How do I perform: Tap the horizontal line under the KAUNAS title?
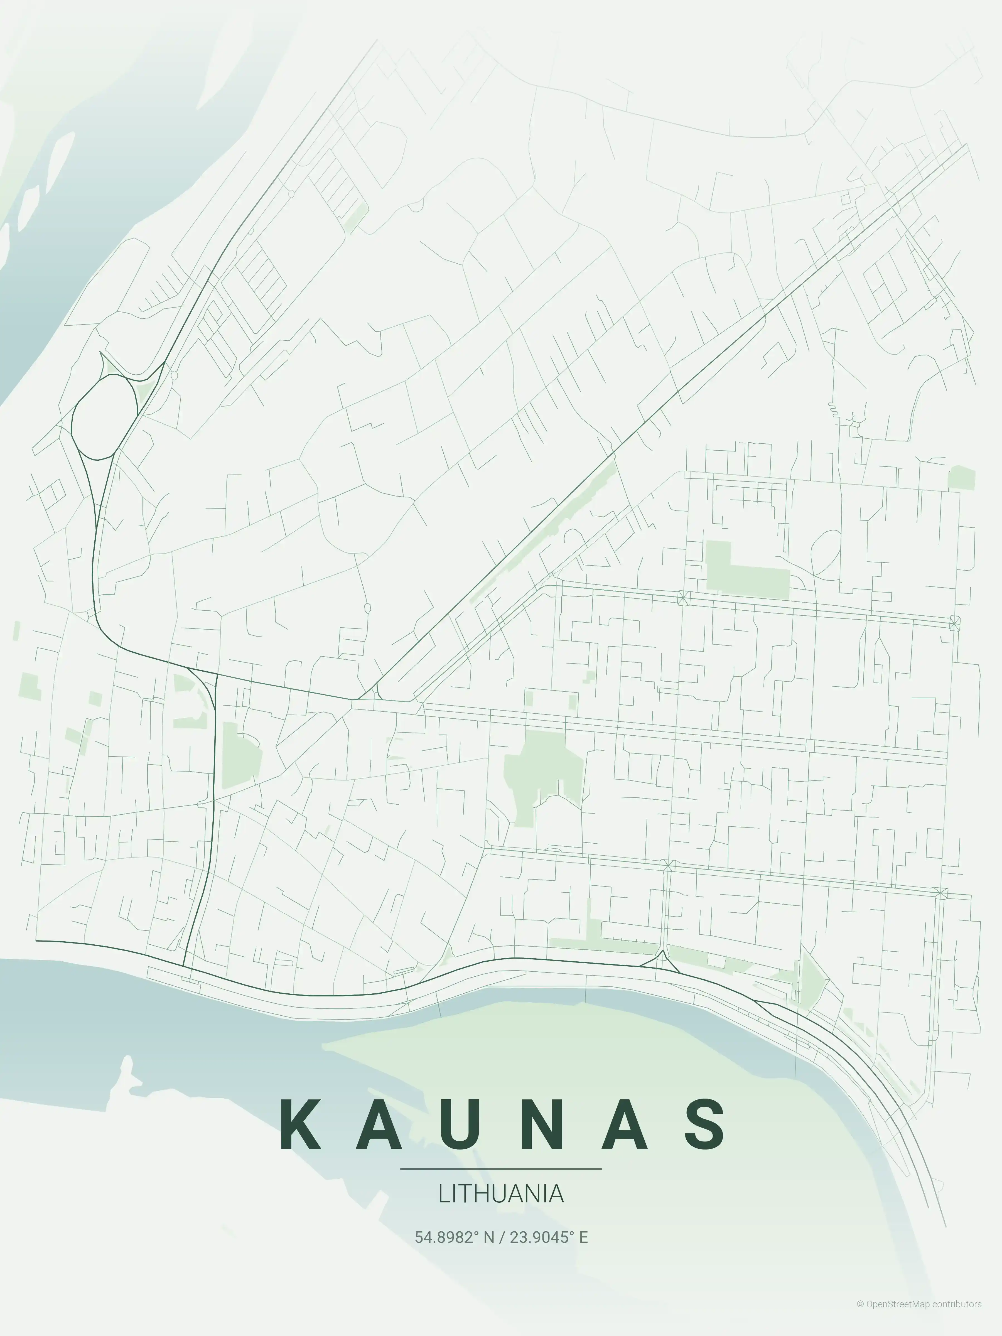501,1169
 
